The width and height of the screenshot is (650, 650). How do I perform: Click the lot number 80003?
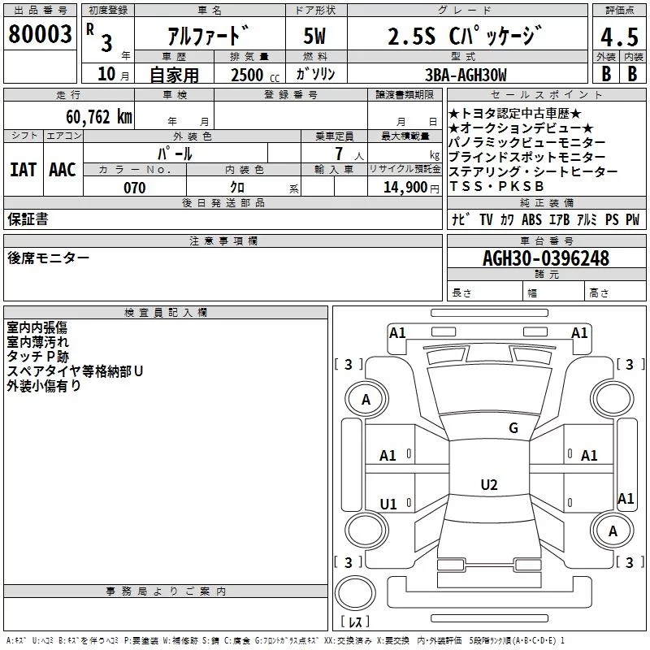coord(40,35)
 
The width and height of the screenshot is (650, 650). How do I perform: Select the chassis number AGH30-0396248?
coord(546,258)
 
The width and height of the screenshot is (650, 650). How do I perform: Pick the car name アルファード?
coord(208,37)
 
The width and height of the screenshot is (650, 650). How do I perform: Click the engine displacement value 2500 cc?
coord(254,75)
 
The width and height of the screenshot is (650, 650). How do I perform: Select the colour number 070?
coord(134,188)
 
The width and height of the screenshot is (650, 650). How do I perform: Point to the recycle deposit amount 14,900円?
coord(410,188)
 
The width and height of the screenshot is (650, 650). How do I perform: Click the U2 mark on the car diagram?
coord(488,485)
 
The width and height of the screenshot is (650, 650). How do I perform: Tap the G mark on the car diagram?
coord(513,428)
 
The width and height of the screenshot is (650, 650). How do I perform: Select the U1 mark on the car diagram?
coord(388,505)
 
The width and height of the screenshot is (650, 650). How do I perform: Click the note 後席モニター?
coord(49,258)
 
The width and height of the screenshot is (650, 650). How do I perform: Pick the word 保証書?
coord(28,219)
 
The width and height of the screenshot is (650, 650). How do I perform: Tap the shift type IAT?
coord(23,169)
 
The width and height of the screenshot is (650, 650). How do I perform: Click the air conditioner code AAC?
coord(62,169)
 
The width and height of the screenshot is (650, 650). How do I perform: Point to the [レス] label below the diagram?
coord(355,622)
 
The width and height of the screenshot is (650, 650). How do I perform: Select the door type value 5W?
coord(315,37)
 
